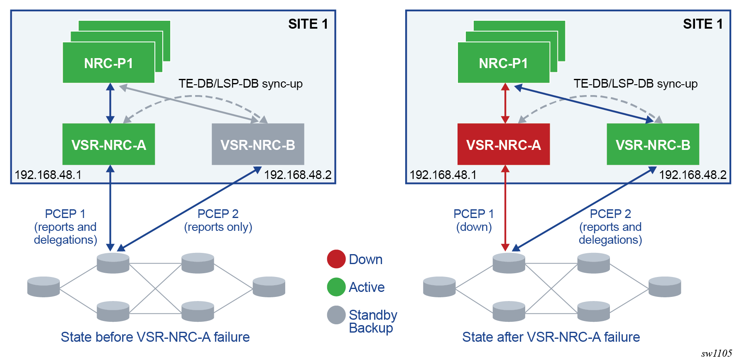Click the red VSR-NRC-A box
pyautogui.click(x=503, y=144)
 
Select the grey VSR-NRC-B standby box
pyautogui.click(x=258, y=144)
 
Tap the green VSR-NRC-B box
pyautogui.click(x=653, y=144)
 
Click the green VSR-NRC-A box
pyautogui.click(x=108, y=144)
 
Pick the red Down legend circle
pyautogui.click(x=336, y=259)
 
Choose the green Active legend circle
pyautogui.click(x=336, y=287)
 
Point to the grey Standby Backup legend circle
pyautogui.click(x=336, y=315)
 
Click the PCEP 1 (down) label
pyautogui.click(x=474, y=220)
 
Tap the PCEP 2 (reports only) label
pyautogui.click(x=218, y=220)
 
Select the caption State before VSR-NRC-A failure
pyautogui.click(x=155, y=337)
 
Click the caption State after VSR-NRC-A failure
pyautogui.click(x=551, y=337)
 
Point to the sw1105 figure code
pyautogui.click(x=716, y=353)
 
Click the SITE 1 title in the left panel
pyautogui.click(x=308, y=24)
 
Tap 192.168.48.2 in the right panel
pyautogui.click(x=693, y=175)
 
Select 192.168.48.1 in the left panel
pyautogui.click(x=48, y=175)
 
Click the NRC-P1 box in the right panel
pyautogui.click(x=503, y=63)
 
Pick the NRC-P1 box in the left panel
pyautogui.click(x=108, y=63)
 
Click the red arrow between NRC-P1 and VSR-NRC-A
pyautogui.click(x=505, y=103)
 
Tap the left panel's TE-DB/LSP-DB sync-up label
pyautogui.click(x=240, y=83)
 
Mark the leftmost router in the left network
pyautogui.click(x=43, y=287)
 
